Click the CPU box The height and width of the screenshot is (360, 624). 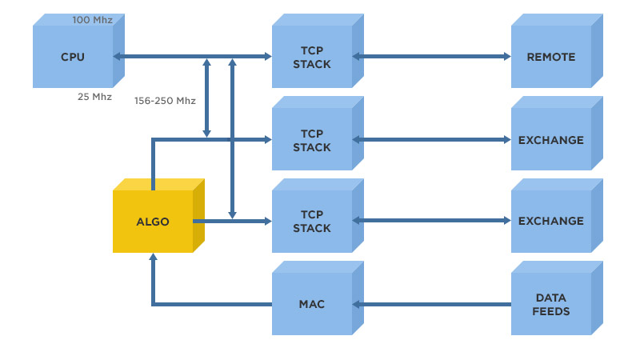(73, 57)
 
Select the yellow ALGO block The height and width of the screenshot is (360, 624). (153, 222)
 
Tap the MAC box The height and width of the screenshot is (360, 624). (312, 304)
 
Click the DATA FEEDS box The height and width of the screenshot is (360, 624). (551, 304)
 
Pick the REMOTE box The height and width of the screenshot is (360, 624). (551, 57)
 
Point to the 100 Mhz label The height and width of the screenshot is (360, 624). (92, 19)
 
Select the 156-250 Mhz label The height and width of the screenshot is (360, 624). (165, 101)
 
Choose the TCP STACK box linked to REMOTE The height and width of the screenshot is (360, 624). (312, 57)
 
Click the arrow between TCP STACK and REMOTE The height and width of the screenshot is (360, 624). (432, 57)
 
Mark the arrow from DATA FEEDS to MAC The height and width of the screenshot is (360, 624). (432, 304)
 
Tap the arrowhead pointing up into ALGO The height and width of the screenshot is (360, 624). (153, 258)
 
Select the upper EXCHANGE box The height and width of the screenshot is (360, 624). (551, 140)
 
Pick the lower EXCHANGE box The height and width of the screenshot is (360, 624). (551, 221)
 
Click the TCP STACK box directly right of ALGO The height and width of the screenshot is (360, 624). (312, 222)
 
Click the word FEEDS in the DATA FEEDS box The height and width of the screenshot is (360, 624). (551, 310)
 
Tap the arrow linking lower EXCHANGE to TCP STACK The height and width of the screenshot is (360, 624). (432, 222)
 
